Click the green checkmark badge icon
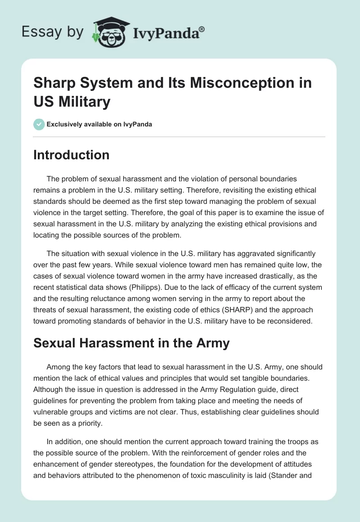[39, 124]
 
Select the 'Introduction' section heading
[72, 155]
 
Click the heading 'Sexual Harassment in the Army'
[131, 343]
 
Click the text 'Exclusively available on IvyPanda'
[100, 124]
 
